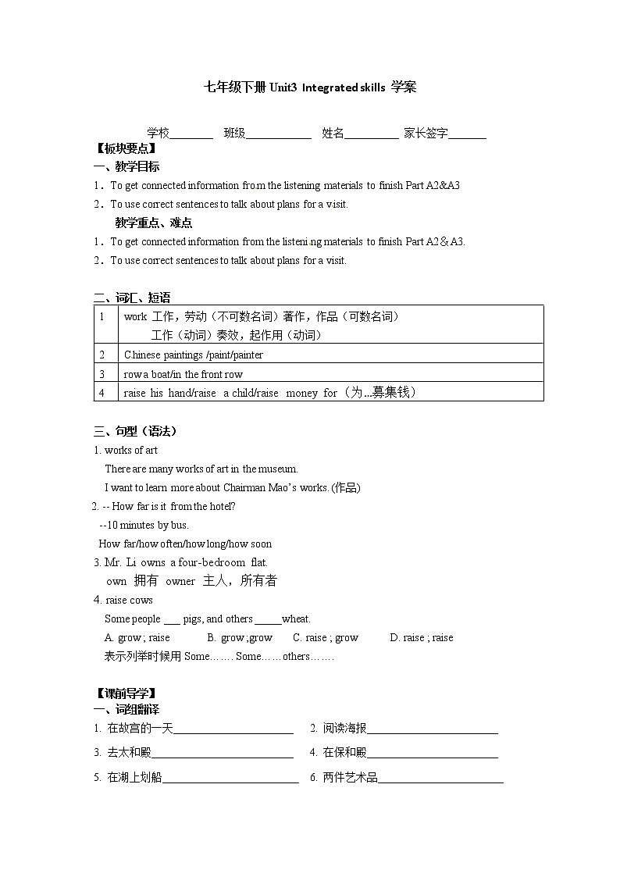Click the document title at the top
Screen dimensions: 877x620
(310, 87)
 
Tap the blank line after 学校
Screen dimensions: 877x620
(191, 134)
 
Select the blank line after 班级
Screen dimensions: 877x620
(279, 134)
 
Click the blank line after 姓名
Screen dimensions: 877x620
(371, 134)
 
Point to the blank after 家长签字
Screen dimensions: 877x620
(468, 134)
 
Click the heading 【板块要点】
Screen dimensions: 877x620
(125, 148)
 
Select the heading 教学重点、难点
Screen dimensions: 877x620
(153, 223)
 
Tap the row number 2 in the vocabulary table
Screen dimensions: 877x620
(102, 355)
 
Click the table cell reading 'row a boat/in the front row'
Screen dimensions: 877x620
(184, 374)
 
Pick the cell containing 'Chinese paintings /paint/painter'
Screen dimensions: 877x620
(194, 355)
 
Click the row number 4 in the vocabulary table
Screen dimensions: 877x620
(102, 393)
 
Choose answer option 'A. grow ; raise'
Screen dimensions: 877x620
(137, 638)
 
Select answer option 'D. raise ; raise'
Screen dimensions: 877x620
(422, 638)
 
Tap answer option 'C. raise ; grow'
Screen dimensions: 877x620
(326, 638)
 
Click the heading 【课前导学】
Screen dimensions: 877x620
(125, 693)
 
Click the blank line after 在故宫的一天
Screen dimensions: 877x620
(233, 730)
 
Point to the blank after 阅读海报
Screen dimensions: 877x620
(432, 730)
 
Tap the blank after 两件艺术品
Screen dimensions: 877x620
(440, 779)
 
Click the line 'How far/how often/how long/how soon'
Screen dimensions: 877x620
(185, 544)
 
